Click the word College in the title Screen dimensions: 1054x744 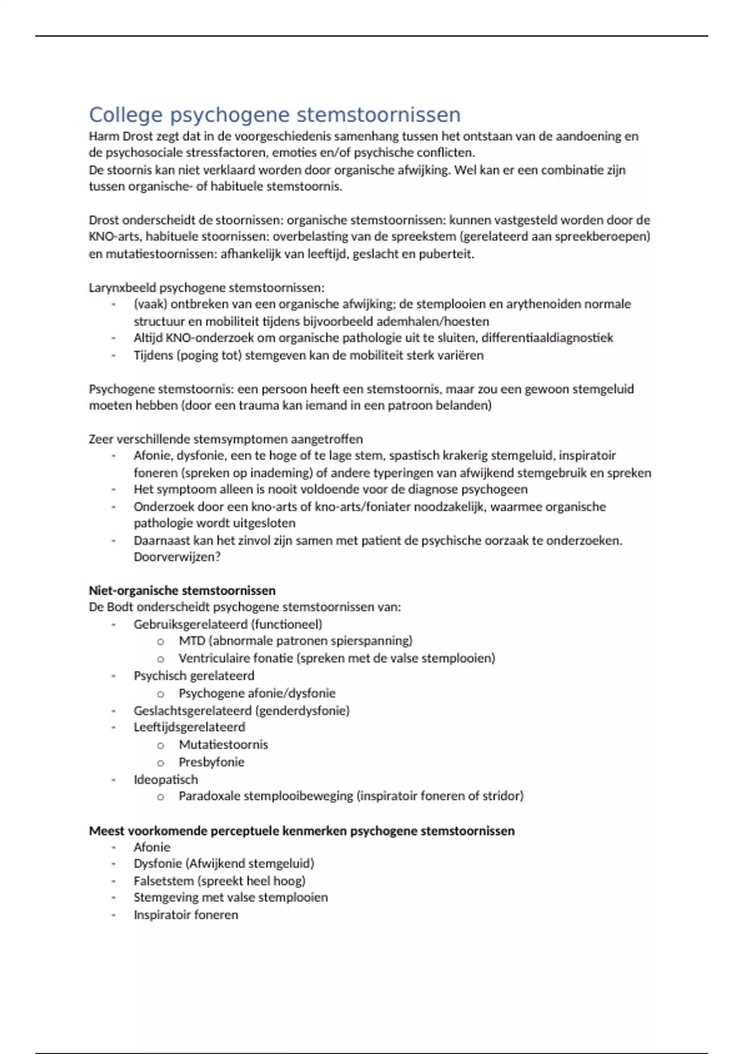coord(126,115)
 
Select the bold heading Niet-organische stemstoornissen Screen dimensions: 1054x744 coord(182,590)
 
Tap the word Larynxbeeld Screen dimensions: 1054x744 coord(122,288)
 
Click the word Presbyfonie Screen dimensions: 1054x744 coord(211,762)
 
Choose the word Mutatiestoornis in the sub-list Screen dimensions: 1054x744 coord(223,744)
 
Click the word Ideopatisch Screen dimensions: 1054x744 coord(166,779)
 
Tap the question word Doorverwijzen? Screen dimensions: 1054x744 coord(177,557)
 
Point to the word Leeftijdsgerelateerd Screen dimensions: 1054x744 coord(189,727)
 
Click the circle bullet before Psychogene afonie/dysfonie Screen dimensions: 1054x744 coord(161,694)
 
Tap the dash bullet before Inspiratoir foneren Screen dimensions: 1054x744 coord(113,915)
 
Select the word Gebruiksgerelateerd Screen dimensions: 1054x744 coord(190,624)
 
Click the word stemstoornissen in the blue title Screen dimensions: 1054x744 coord(378,115)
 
